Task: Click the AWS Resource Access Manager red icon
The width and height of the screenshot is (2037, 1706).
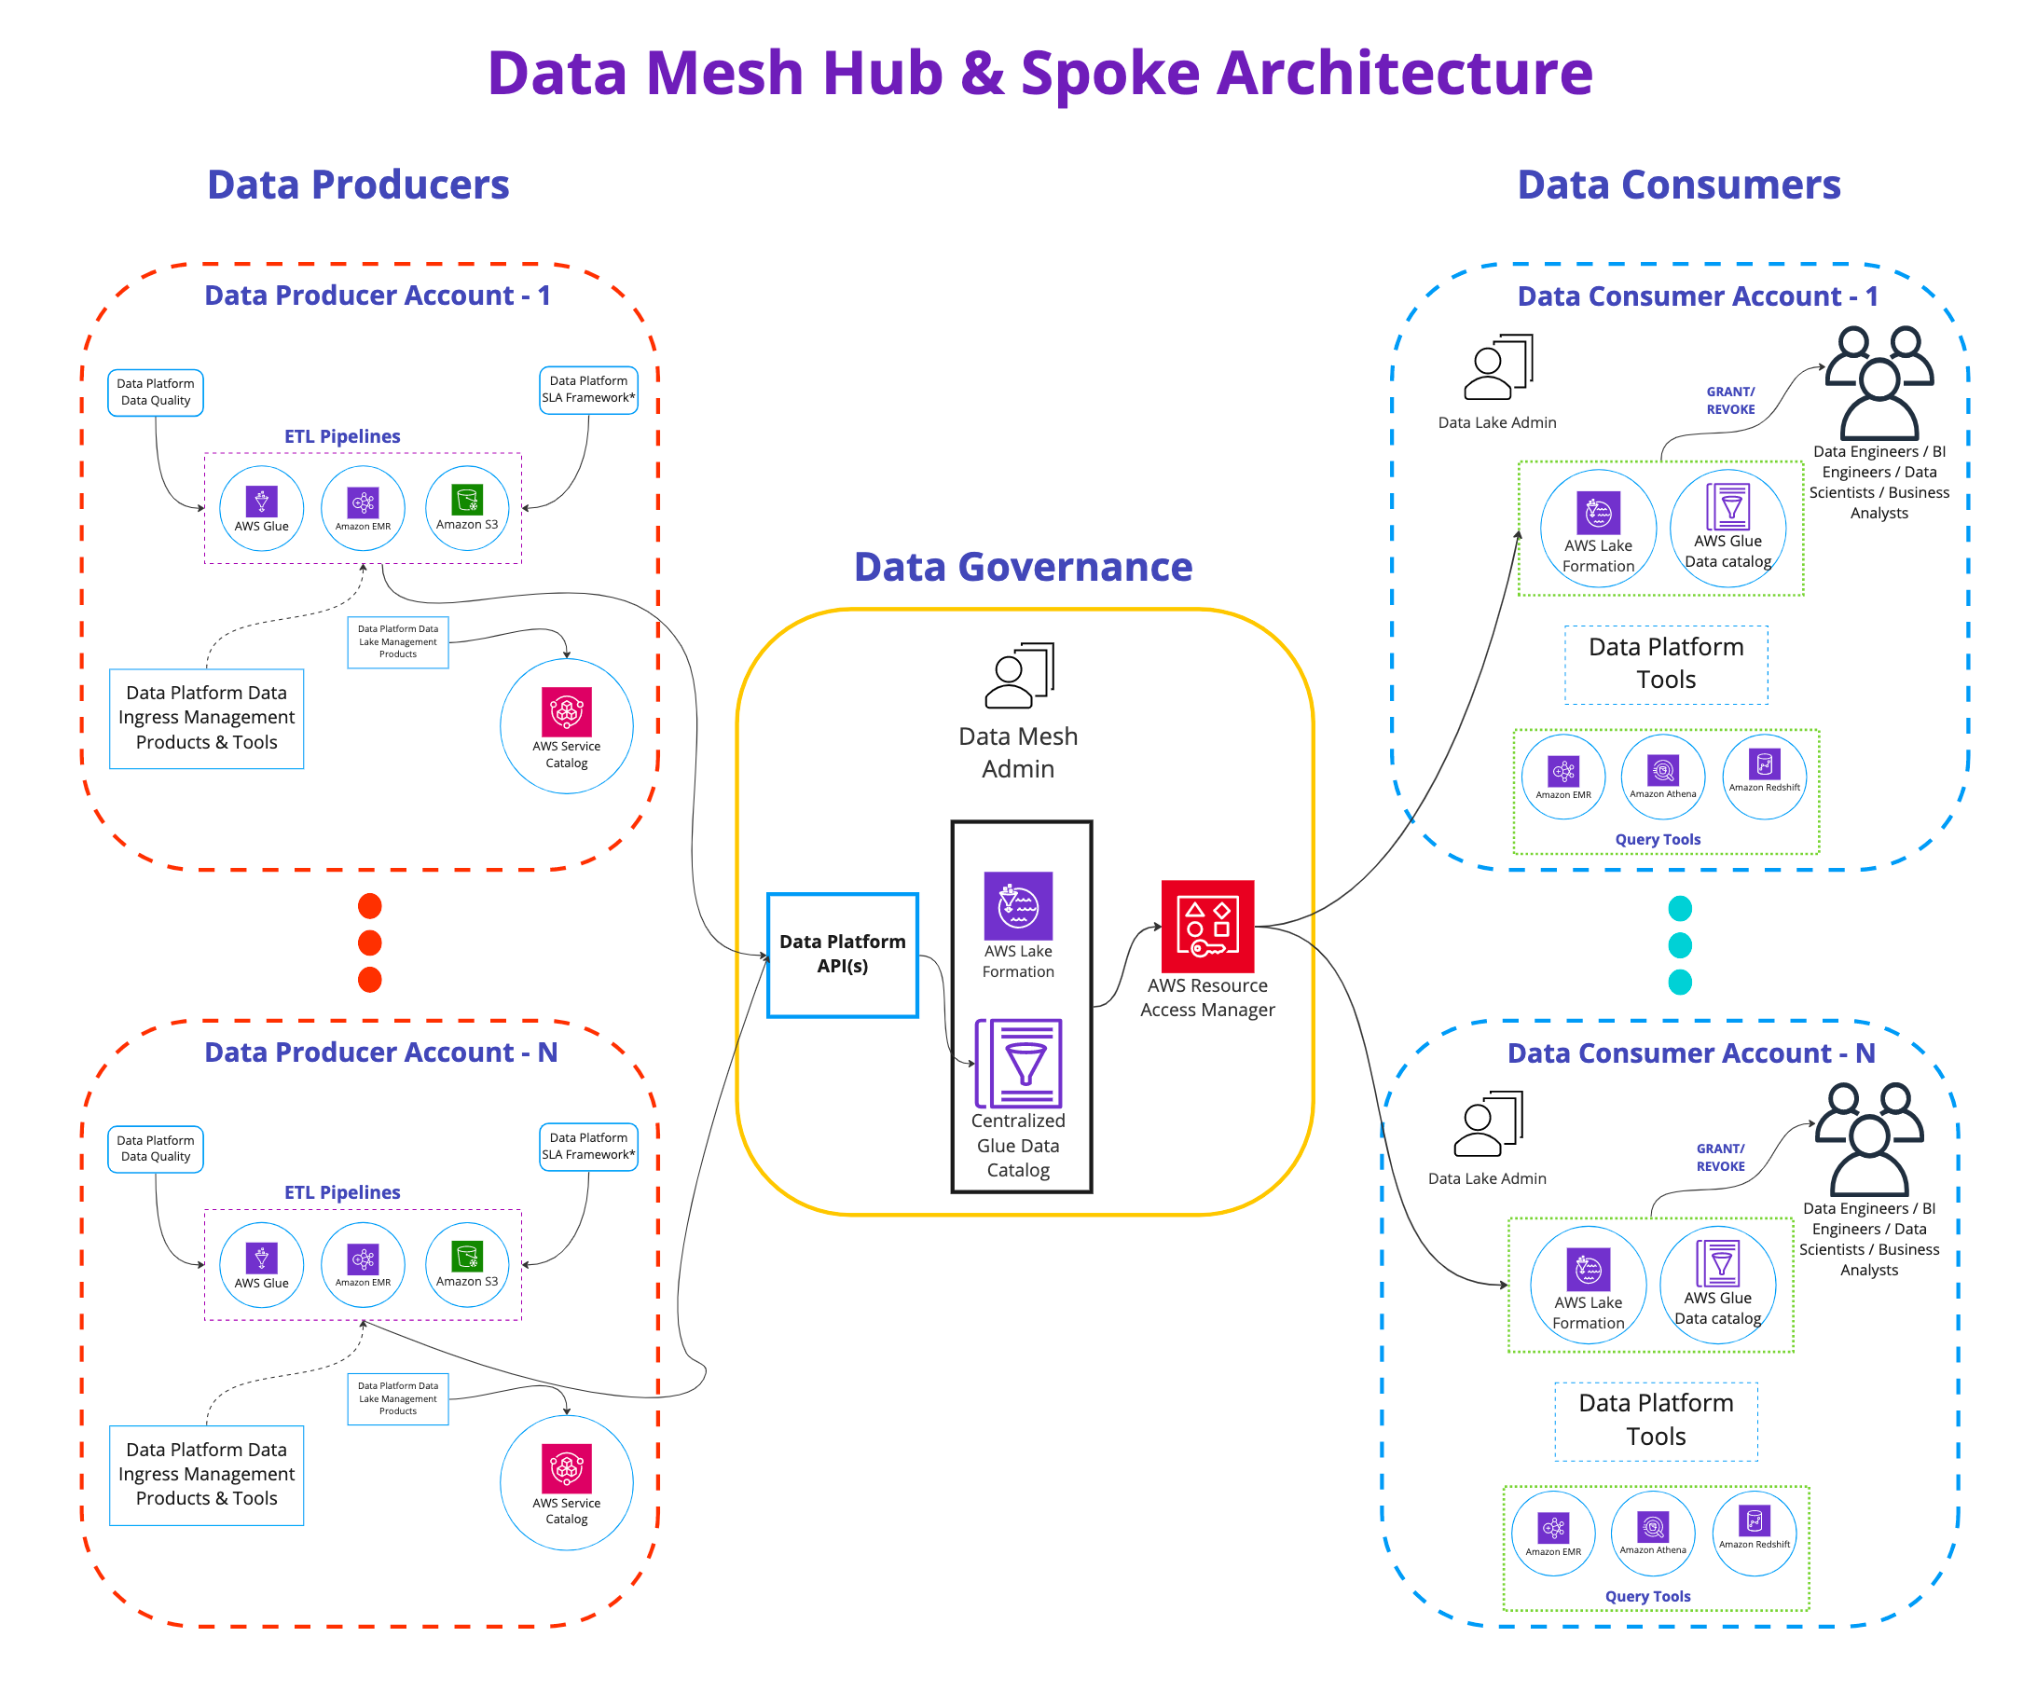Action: [x=1207, y=927]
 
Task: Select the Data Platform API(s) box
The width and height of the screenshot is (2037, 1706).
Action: [x=842, y=955]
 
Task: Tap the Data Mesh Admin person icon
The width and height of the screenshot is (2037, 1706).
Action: [x=1018, y=675]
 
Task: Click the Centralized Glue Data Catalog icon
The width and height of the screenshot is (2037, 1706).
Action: [x=1020, y=1063]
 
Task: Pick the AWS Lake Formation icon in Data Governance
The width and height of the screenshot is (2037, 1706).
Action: [x=1018, y=906]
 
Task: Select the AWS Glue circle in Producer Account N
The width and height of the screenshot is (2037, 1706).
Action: [x=262, y=1265]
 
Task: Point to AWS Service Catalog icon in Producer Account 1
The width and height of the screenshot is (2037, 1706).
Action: [x=567, y=712]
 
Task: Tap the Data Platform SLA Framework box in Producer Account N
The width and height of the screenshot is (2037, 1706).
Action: [x=589, y=1147]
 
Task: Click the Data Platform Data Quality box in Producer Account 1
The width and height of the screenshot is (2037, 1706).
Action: [x=155, y=392]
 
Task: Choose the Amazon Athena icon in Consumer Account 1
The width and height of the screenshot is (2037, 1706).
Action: [x=1662, y=772]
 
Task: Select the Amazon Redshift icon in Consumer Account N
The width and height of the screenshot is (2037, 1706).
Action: [x=1755, y=1521]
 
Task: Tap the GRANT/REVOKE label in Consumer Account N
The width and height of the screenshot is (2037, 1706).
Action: [x=1721, y=1158]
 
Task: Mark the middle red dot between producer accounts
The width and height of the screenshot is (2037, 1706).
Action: [x=369, y=942]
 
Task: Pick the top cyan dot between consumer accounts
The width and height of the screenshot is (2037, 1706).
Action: [x=1680, y=909]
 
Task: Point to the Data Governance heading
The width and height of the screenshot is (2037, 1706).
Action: [x=1024, y=567]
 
